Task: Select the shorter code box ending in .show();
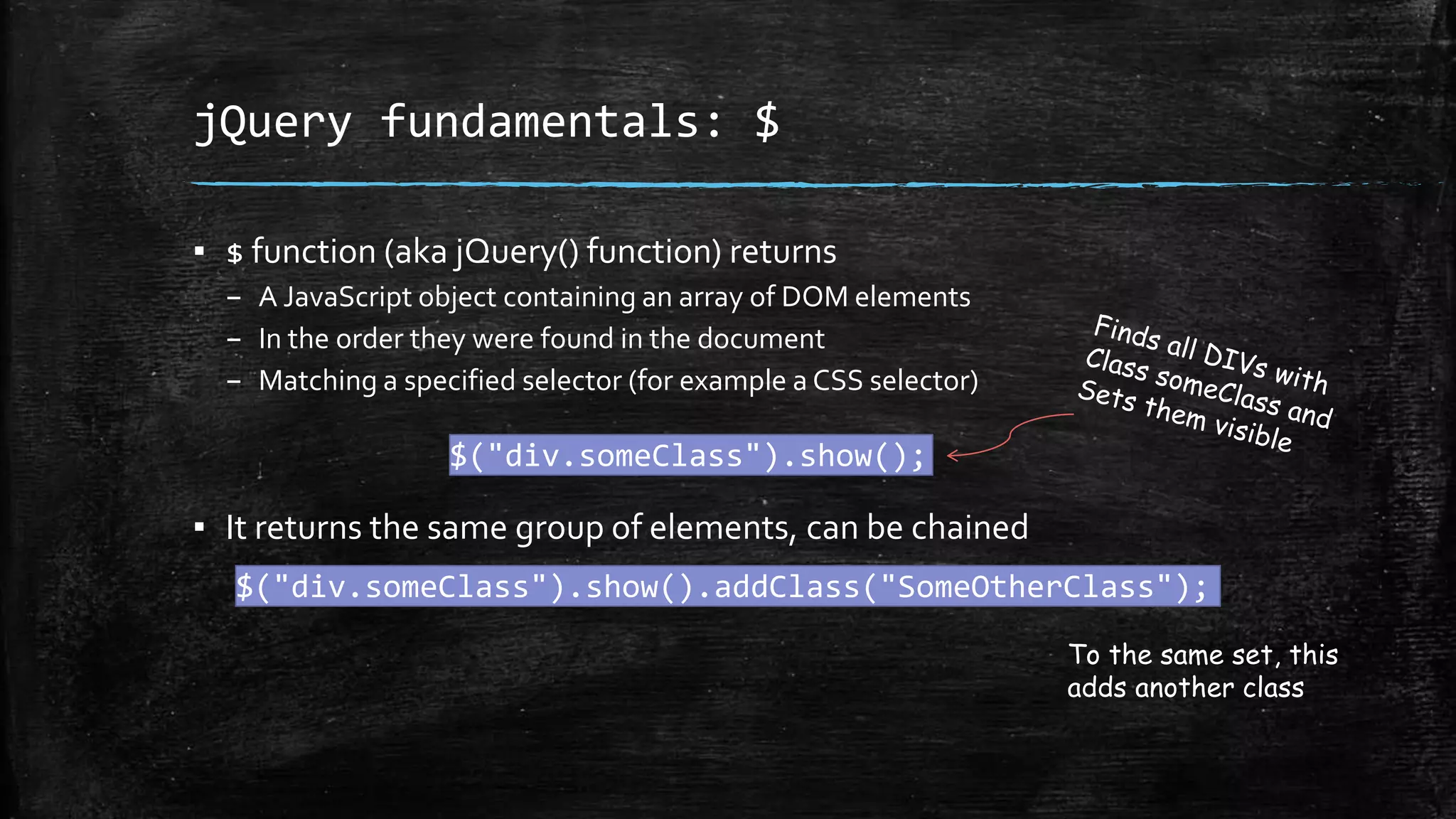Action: tap(690, 455)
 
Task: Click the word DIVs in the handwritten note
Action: tap(1234, 358)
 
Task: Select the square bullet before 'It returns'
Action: tap(200, 528)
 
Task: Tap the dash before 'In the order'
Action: tap(234, 340)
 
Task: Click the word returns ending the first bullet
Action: tap(783, 252)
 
